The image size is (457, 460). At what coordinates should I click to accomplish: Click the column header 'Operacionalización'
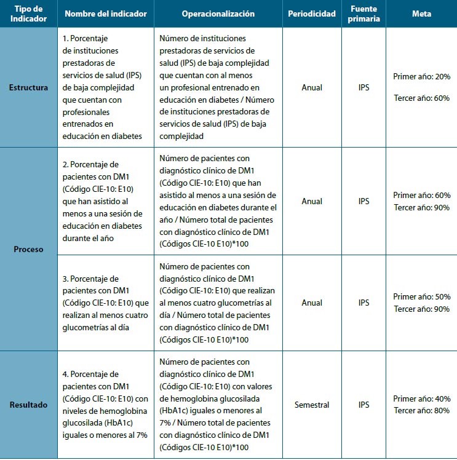[218, 14]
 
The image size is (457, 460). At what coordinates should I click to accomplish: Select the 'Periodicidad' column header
[312, 14]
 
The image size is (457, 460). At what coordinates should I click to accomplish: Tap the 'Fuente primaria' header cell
[364, 14]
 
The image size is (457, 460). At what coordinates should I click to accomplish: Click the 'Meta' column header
[421, 14]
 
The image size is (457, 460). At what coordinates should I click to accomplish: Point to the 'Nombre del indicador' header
[105, 14]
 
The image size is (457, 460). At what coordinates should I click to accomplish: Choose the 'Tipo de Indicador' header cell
[28, 14]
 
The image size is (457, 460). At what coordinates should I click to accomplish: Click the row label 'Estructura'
[28, 87]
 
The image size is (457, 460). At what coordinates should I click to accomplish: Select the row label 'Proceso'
[28, 250]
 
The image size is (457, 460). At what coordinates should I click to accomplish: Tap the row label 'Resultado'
[28, 405]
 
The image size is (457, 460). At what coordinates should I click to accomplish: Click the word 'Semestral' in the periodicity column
[312, 405]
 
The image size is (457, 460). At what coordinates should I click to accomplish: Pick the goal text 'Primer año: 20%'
[421, 76]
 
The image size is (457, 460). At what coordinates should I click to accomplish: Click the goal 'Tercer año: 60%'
[421, 98]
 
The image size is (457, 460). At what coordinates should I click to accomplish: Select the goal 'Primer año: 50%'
[421, 297]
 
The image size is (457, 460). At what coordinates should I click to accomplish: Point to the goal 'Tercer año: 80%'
[421, 410]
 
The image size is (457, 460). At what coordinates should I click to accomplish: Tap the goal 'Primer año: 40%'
[421, 399]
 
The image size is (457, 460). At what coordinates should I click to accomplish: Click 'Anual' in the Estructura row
[312, 87]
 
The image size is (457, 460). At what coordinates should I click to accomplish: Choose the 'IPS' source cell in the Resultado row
[364, 405]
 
